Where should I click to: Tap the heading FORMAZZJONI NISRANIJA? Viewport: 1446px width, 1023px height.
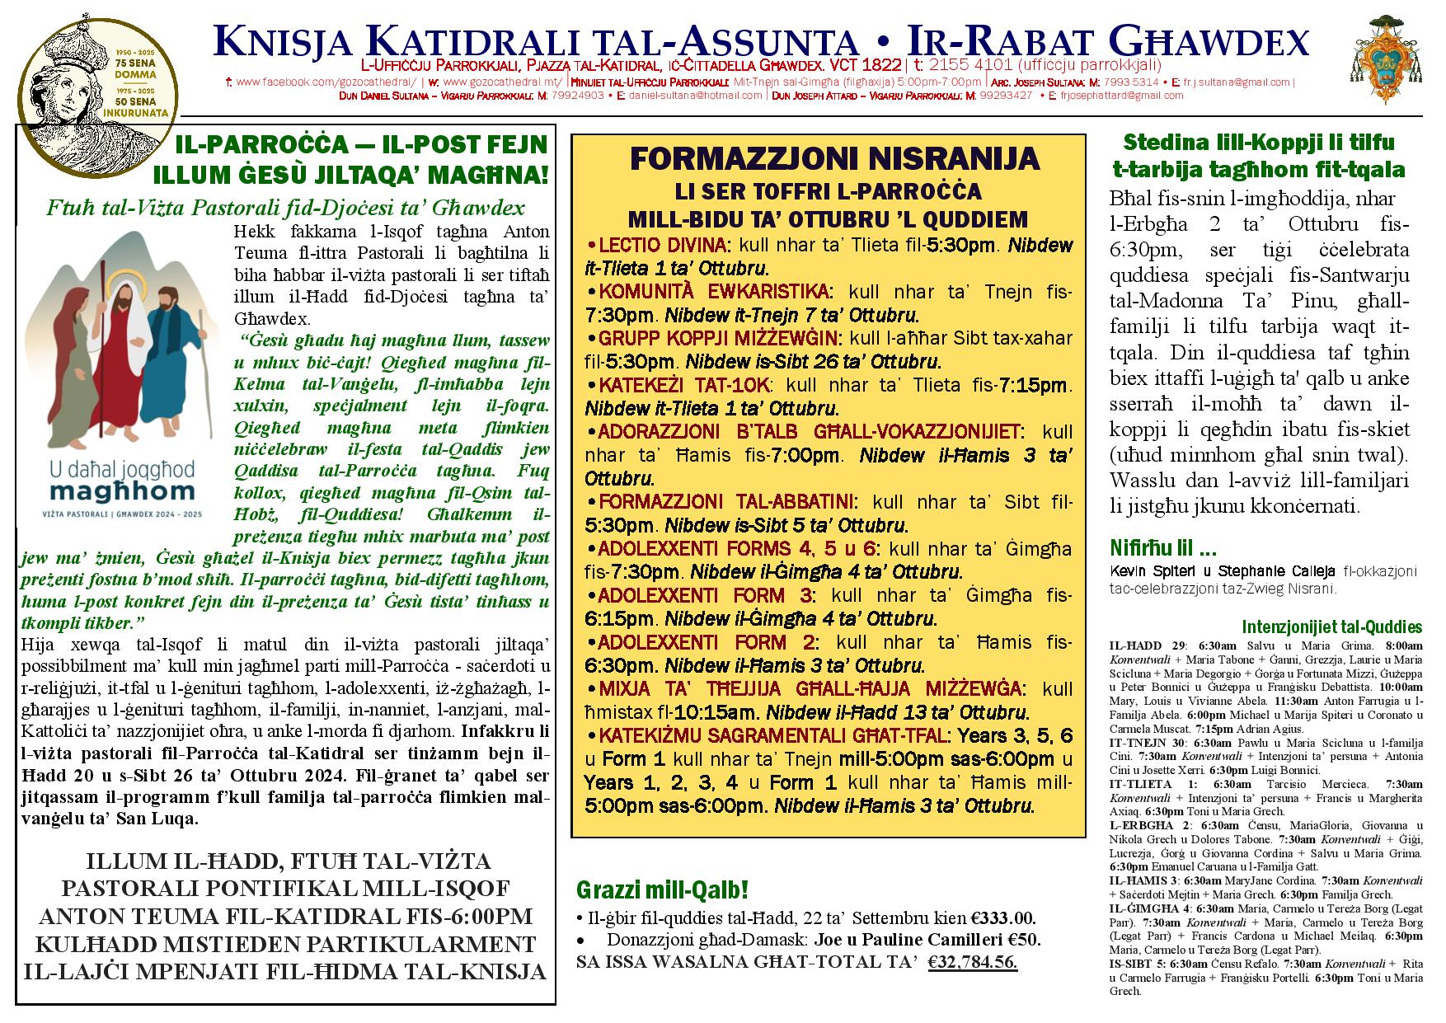(829, 157)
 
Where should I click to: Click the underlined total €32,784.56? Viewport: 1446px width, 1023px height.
(972, 962)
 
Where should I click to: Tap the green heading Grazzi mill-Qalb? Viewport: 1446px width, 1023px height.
(663, 890)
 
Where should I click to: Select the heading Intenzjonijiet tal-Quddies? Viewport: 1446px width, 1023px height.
(1331, 627)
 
